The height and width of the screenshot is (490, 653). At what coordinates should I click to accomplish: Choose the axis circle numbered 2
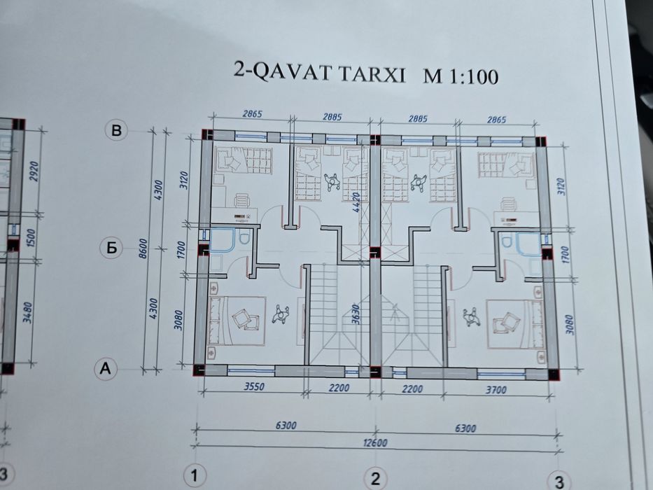click(x=376, y=479)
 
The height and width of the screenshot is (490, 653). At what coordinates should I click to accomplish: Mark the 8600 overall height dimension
click(x=143, y=248)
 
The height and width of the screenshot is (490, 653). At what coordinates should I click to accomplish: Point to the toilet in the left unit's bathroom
click(x=243, y=239)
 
